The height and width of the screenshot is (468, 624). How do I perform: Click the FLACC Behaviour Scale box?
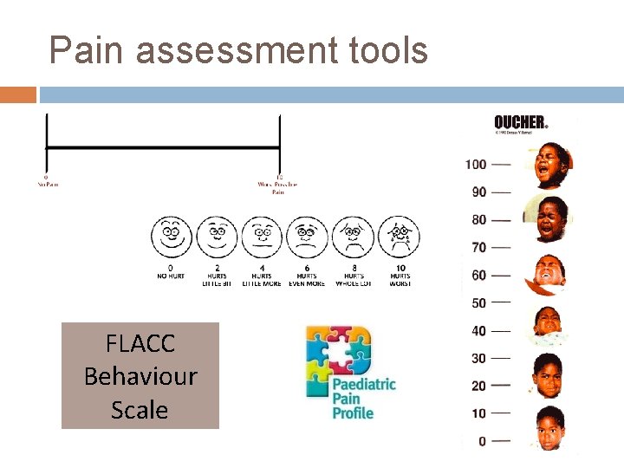(140, 376)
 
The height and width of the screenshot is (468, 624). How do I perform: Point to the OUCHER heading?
(520, 123)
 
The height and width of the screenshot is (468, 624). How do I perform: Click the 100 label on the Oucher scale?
(476, 165)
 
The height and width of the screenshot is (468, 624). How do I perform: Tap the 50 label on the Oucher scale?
(478, 303)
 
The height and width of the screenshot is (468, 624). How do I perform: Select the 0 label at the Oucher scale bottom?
(482, 442)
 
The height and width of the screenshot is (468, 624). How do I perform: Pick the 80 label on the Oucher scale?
(478, 220)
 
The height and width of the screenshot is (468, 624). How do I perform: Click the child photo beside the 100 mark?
(551, 165)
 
